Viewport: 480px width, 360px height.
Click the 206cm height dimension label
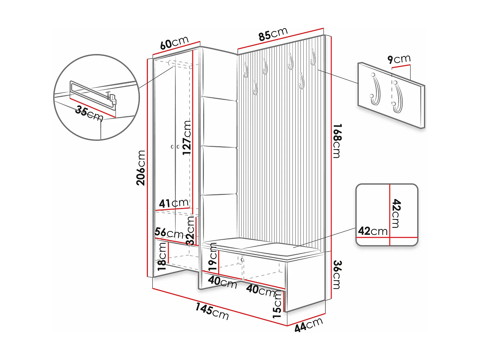[x=141, y=168]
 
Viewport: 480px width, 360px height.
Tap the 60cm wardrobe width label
[x=174, y=43]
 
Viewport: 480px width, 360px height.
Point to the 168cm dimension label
[x=337, y=141]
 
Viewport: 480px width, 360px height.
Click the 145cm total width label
[x=212, y=311]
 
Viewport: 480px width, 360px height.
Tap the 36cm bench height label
[x=337, y=275]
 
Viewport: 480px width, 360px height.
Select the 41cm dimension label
[x=174, y=203]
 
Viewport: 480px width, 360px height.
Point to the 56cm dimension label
[x=169, y=233]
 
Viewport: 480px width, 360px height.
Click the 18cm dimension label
[x=162, y=256]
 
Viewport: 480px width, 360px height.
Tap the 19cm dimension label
[x=213, y=257]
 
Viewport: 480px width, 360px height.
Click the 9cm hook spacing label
[x=399, y=59]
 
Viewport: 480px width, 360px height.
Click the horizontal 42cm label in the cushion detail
[x=372, y=231]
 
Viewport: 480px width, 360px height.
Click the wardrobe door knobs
[x=175, y=147]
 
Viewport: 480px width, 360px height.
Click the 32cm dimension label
[x=190, y=230]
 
